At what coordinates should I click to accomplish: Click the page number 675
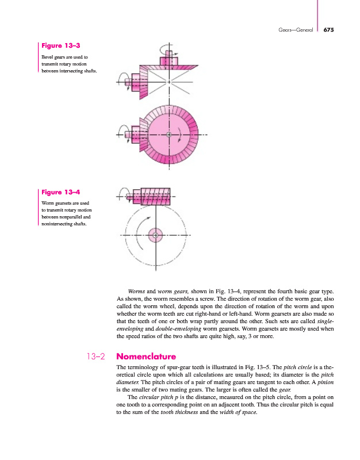click(x=330, y=30)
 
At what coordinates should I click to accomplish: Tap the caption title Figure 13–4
click(x=59, y=192)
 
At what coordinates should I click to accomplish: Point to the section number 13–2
click(x=94, y=356)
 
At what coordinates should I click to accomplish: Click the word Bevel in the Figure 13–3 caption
click(x=48, y=57)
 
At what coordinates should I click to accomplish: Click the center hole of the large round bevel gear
click(x=168, y=135)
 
